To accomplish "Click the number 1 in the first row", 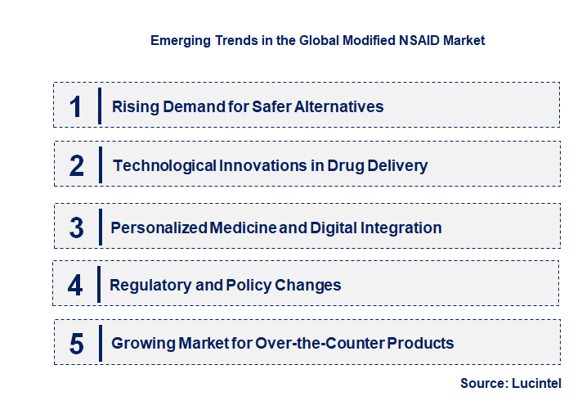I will pyautogui.click(x=76, y=106).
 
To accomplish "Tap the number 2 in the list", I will pyautogui.click(x=77, y=166).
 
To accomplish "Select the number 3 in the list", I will pyautogui.click(x=77, y=228).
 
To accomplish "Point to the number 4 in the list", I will pyautogui.click(x=76, y=286).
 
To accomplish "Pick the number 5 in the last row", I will pyautogui.click(x=77, y=344).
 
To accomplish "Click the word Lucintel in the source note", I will pyautogui.click(x=537, y=383).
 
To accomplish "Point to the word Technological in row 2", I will pyautogui.click(x=164, y=166).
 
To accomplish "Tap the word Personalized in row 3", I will pyautogui.click(x=159, y=228).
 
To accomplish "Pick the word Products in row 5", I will pyautogui.click(x=421, y=344).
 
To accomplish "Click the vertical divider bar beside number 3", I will pyautogui.click(x=99, y=226).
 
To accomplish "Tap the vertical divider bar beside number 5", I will pyautogui.click(x=99, y=342).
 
